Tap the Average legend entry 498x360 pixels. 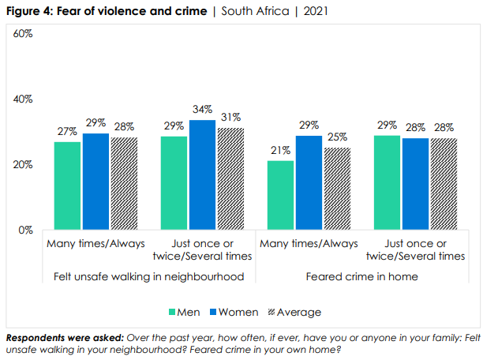292,312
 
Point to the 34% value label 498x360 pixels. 202,110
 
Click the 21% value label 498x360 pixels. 280,151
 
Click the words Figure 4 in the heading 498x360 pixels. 28,13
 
